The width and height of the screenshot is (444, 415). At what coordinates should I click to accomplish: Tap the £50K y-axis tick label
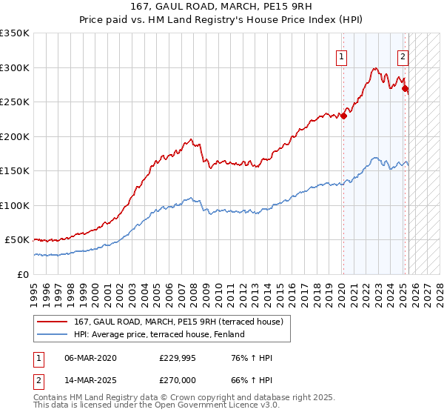(17, 240)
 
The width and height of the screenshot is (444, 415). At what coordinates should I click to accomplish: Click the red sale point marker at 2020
(344, 116)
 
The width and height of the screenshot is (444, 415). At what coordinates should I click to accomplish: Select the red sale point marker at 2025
(406, 89)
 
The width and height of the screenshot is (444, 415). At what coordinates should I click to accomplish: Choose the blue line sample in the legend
(53, 334)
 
